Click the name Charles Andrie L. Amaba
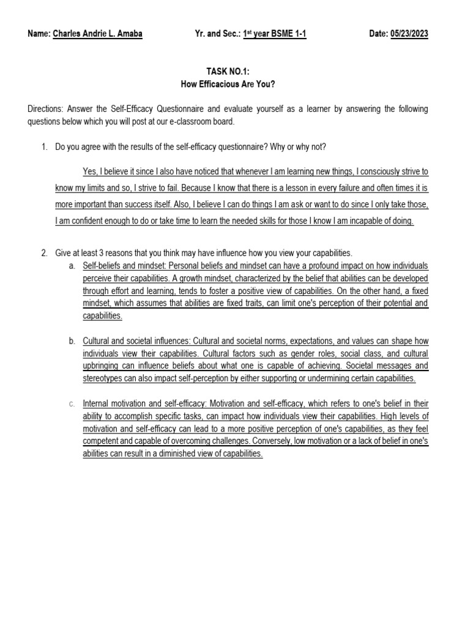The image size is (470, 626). coord(98,34)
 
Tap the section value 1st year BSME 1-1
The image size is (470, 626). coord(275,34)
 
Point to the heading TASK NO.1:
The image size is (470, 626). coord(235,72)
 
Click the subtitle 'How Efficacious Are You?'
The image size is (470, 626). coord(235,84)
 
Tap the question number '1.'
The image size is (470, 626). coord(44,147)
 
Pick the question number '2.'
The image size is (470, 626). coord(44,252)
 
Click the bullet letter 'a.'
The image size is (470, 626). coord(72,266)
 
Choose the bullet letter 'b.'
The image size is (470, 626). coord(72,341)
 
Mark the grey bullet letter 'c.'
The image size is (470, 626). coord(72,404)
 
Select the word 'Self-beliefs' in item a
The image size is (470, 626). coord(102,266)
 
